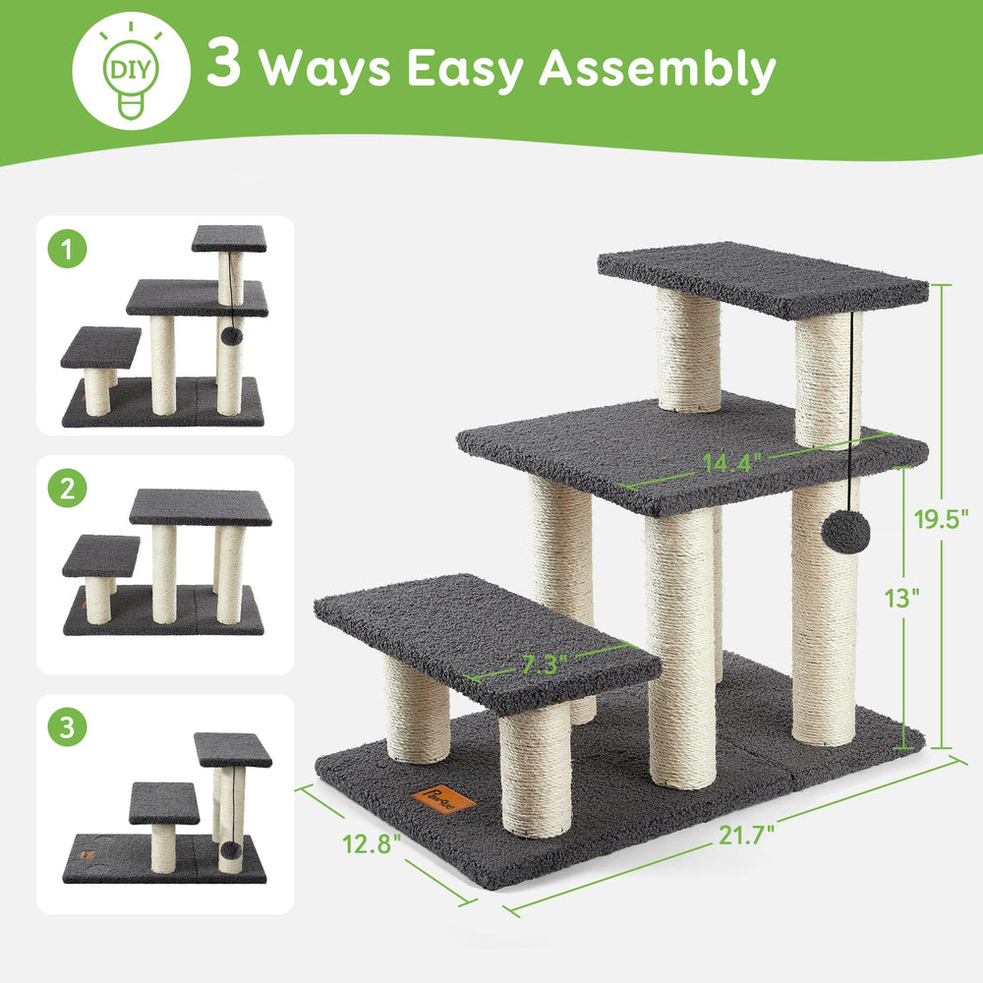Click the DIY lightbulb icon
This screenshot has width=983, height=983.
pos(131,70)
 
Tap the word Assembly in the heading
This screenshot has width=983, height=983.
pos(658,69)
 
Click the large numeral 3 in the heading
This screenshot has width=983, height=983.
pos(224,62)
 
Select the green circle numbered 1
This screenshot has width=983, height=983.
pos(68,249)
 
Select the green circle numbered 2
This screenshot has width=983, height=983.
pos(68,488)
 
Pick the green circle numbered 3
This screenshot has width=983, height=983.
pos(68,726)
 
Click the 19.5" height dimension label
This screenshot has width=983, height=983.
pos(941,518)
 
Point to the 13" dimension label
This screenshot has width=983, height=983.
pos(901,598)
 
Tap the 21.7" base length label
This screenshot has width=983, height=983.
pos(746,835)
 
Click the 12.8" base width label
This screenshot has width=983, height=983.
pos(372,843)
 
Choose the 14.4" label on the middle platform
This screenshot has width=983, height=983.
pos(731,463)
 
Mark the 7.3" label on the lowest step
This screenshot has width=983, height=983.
pos(545,664)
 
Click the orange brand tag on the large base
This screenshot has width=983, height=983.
pos(442,800)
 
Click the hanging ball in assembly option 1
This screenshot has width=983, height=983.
pos(231,336)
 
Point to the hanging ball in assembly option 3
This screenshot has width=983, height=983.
pos(231,850)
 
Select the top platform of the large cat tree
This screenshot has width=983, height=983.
pos(763,279)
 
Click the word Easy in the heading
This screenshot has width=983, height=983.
pos(466,69)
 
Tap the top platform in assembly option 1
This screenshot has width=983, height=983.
pos(229,238)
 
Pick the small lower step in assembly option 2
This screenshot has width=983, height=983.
pos(101,555)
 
